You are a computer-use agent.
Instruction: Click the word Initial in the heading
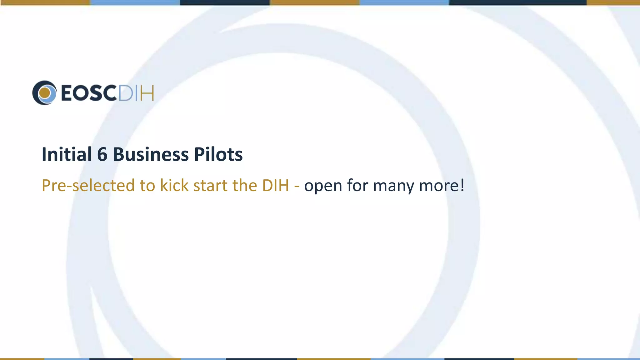click(67, 154)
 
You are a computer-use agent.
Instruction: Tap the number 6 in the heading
click(102, 154)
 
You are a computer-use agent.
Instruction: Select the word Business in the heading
click(151, 154)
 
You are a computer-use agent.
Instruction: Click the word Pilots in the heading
click(218, 154)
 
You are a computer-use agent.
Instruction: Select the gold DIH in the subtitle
click(275, 185)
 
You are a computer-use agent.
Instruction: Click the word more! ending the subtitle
click(442, 186)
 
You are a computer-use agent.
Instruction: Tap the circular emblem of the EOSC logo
click(45, 93)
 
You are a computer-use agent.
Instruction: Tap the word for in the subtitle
click(358, 185)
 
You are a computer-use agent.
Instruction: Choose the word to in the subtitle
click(147, 186)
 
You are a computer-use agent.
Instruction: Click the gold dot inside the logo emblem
click(45, 93)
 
